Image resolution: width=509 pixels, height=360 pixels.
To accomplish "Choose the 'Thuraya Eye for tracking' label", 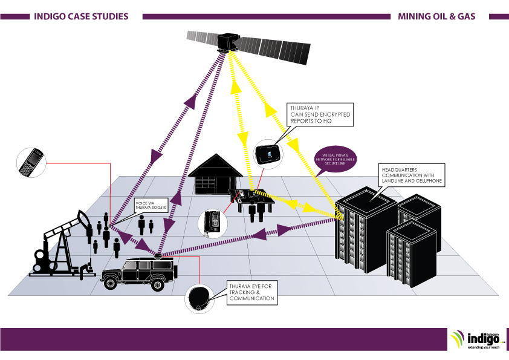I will (x=251, y=291).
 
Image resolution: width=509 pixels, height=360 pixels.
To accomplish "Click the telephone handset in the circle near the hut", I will (x=212, y=222).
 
